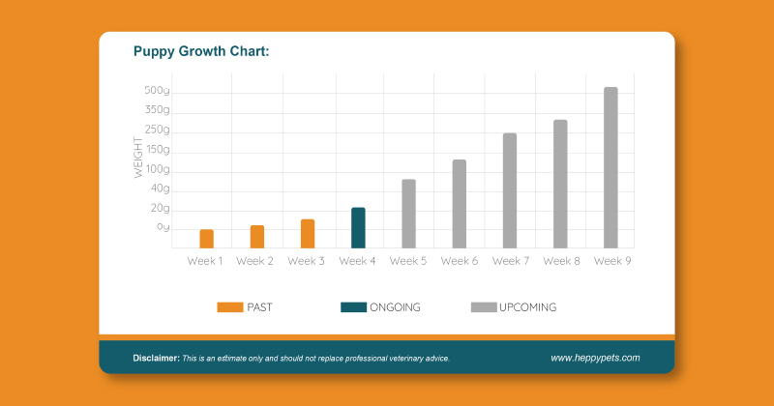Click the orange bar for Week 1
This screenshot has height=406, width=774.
coord(206,238)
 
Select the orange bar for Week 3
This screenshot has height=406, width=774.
coord(307,233)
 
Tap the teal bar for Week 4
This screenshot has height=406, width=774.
coord(358,227)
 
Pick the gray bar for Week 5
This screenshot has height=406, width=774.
coord(408,213)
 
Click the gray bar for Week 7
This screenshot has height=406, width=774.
coord(509,189)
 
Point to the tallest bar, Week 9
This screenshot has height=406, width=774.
coord(610,167)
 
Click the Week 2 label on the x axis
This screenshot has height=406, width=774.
coord(255,261)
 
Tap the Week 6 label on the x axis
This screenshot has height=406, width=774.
coord(459,261)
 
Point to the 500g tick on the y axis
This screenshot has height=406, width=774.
coord(157,91)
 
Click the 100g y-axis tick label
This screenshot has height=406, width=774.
coord(157,170)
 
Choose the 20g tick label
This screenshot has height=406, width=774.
coord(160,209)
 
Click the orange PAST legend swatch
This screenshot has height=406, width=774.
coord(229,307)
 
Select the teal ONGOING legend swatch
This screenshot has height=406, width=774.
coord(353,307)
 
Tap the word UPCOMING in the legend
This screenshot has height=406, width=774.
coord(528,307)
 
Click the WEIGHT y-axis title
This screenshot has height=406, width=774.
coord(138,160)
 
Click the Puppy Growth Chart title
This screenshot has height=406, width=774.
coord(201,51)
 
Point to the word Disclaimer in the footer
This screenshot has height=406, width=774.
coord(156,359)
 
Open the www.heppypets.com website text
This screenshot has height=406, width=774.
coord(595,358)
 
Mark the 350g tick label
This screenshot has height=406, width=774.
coord(157,110)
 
